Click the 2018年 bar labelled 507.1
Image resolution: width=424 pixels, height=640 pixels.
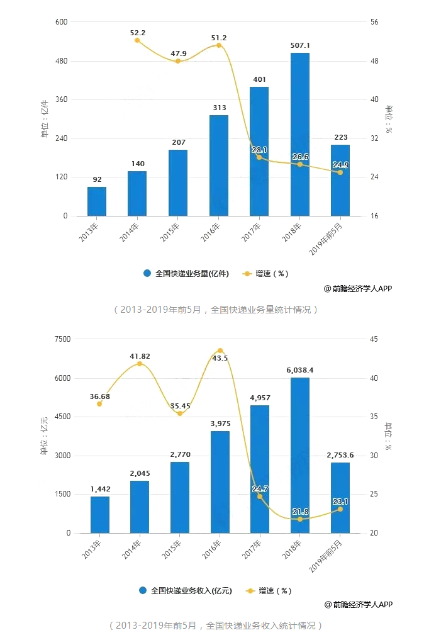point(299,135)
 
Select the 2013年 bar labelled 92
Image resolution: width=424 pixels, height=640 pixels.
point(97,201)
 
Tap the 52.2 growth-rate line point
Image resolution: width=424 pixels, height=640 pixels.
point(137,40)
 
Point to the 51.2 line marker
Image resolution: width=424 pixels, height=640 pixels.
point(218,45)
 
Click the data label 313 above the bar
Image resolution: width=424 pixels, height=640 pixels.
point(219,108)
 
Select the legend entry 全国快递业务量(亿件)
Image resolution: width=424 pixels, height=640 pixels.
point(186,274)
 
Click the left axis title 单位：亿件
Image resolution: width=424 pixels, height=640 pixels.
point(44,119)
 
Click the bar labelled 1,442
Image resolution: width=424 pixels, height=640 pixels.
point(99,515)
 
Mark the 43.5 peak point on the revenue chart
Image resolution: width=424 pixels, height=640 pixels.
point(220,351)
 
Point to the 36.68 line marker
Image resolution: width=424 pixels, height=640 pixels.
point(99,403)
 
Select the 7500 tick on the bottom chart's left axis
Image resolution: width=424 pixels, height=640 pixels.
point(62,339)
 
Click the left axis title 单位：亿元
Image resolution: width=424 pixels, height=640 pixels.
point(44,435)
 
